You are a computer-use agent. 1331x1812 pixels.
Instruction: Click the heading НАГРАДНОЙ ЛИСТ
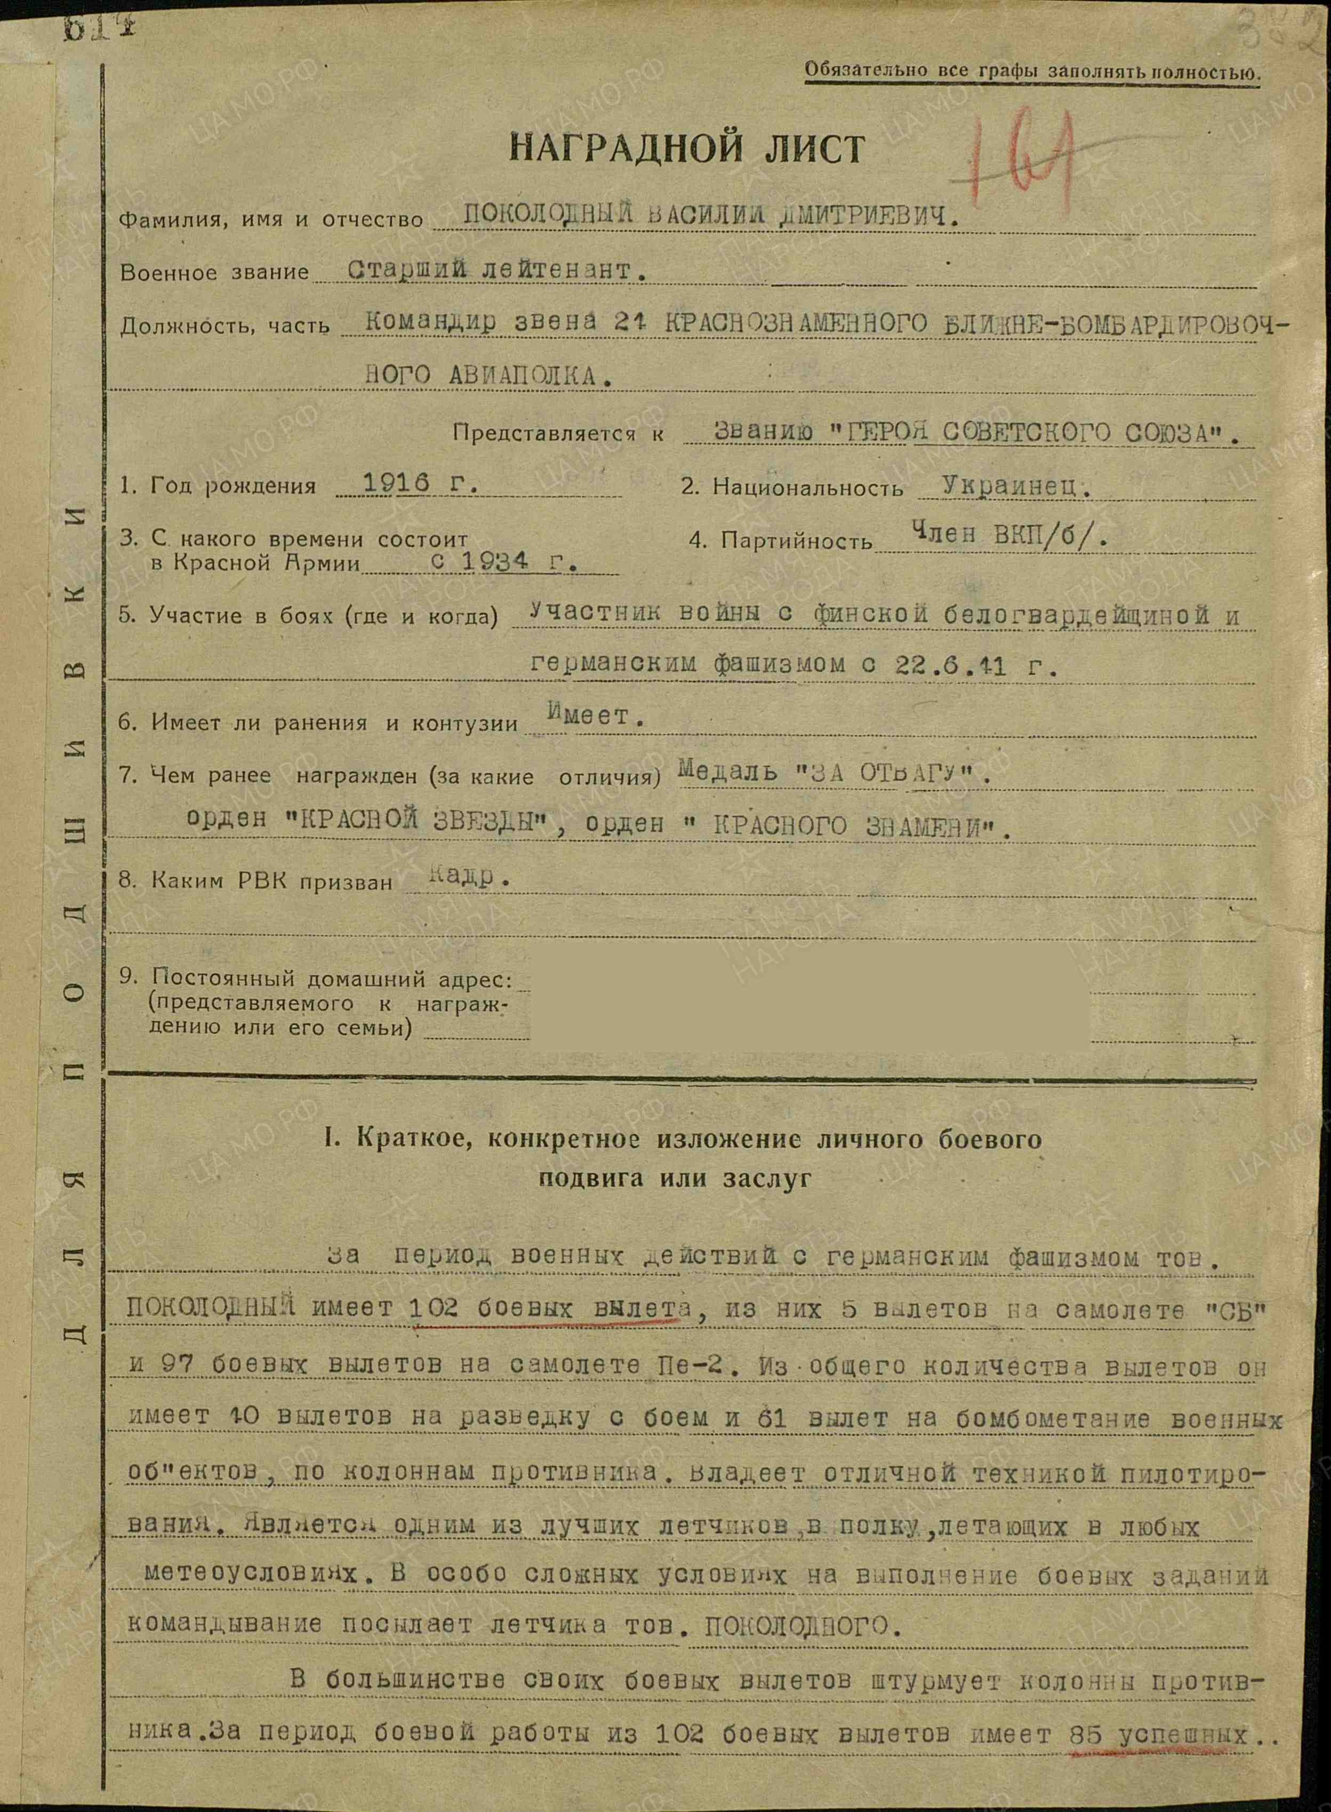pyautogui.click(x=687, y=149)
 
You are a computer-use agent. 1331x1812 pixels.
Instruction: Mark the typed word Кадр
pyautogui.click(x=460, y=877)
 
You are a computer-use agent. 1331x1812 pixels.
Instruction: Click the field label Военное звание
pyautogui.click(x=214, y=273)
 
